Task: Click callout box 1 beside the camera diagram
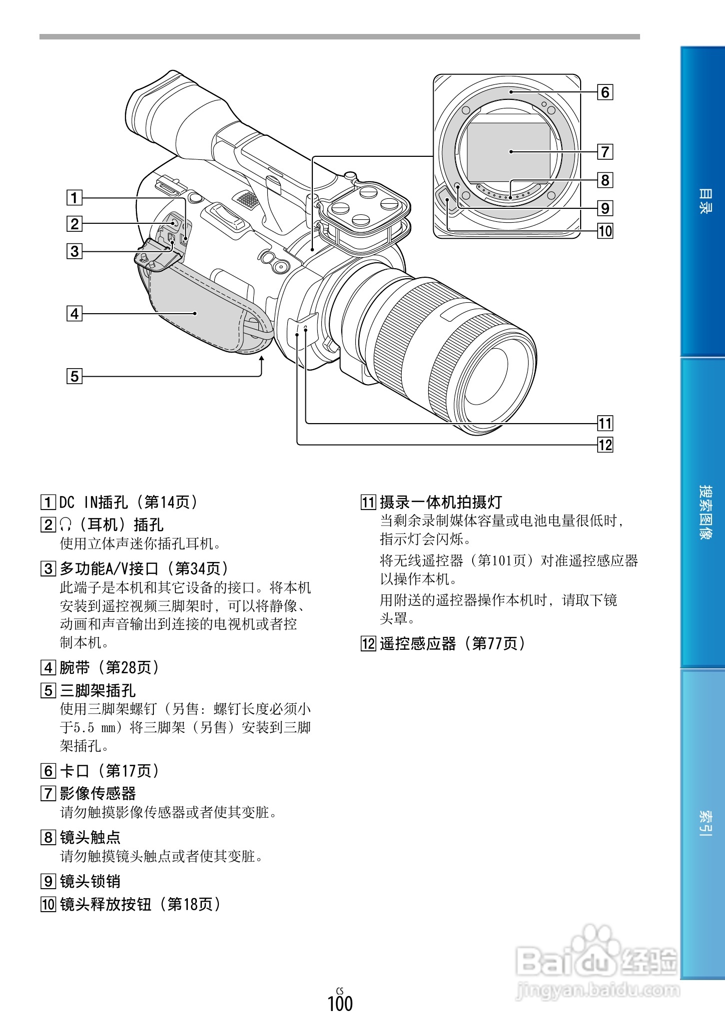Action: pyautogui.click(x=74, y=198)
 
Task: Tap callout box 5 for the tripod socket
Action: pyautogui.click(x=74, y=376)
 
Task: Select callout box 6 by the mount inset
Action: pyautogui.click(x=605, y=92)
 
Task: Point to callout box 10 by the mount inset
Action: pyautogui.click(x=605, y=231)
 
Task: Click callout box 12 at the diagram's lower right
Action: pyautogui.click(x=605, y=445)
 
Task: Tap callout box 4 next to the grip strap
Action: pyautogui.click(x=74, y=314)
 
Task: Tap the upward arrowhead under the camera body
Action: pyautogui.click(x=261, y=360)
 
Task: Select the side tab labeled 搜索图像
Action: pyautogui.click(x=703, y=512)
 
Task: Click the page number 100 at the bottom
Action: pyautogui.click(x=340, y=1003)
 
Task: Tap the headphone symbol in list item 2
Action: pyautogui.click(x=65, y=524)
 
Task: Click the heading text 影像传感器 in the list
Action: pyautogui.click(x=98, y=793)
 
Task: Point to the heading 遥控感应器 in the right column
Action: pyautogui.click(x=418, y=643)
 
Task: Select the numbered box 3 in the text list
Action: pyautogui.click(x=48, y=568)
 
